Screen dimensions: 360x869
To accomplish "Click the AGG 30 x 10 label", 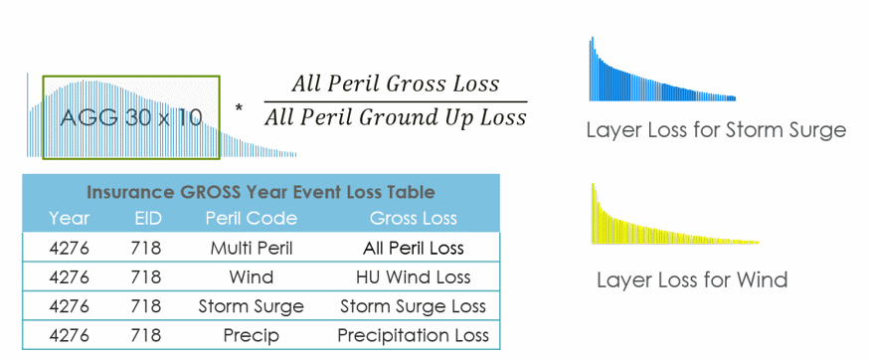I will click(x=131, y=117).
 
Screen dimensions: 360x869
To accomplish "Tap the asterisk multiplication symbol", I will click(x=239, y=105).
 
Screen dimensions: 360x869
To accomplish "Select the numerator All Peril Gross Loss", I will click(x=395, y=84).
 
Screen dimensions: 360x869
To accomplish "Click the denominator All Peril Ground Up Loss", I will click(x=395, y=117).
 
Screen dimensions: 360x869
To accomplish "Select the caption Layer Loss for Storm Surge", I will click(x=716, y=130).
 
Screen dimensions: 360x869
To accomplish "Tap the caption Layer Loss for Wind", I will click(x=692, y=279).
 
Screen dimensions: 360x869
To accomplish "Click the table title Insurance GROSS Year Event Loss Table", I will click(x=261, y=192).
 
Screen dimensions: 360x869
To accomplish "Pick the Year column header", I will click(x=69, y=218).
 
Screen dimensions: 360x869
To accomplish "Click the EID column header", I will click(x=146, y=218).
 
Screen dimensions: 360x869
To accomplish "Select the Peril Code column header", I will click(x=251, y=218).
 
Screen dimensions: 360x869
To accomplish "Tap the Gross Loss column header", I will click(x=413, y=218).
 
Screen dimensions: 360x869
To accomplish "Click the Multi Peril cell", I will click(x=251, y=248).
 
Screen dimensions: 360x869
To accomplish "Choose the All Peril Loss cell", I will click(x=413, y=248).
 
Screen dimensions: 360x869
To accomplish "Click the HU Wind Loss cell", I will click(x=413, y=276).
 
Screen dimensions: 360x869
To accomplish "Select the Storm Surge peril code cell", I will click(x=251, y=306).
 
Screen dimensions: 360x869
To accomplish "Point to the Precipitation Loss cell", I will click(x=413, y=335).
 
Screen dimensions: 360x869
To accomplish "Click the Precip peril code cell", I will click(x=251, y=335).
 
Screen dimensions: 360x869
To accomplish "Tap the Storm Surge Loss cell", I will click(x=413, y=306).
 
